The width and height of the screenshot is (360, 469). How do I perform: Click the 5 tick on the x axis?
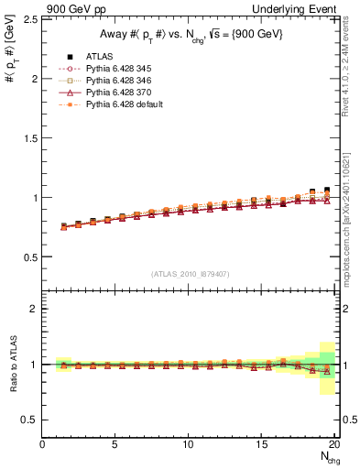click(x=115, y=445)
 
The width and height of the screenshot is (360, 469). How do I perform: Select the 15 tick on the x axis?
click(x=261, y=445)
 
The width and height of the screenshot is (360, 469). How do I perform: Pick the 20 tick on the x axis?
click(x=333, y=445)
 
